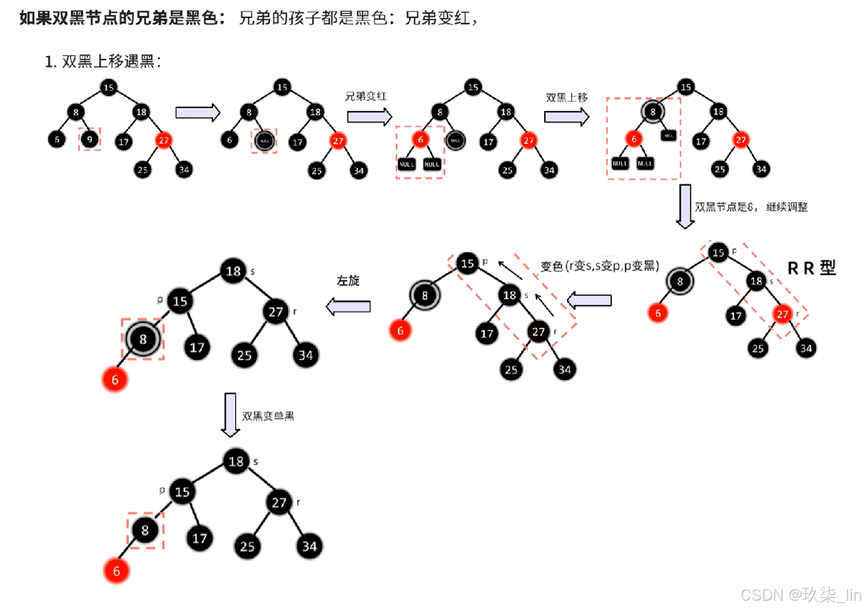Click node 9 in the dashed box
point(89,139)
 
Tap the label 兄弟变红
point(366,97)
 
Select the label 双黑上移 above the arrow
point(566,98)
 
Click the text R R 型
point(811,268)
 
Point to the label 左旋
point(348,281)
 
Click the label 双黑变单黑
point(268,416)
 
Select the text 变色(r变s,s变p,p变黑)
point(599,266)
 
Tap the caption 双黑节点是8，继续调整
point(751,207)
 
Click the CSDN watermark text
point(800,595)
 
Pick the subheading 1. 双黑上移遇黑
point(103,61)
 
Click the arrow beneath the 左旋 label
point(348,306)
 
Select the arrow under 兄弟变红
point(369,117)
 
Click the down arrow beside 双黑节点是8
point(685,206)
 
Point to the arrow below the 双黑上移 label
point(567,117)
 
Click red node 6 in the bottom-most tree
point(116,571)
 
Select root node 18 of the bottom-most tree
point(236,462)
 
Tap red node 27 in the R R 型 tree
point(782,314)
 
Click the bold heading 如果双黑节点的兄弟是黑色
point(122,18)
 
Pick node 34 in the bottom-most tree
point(309,546)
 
